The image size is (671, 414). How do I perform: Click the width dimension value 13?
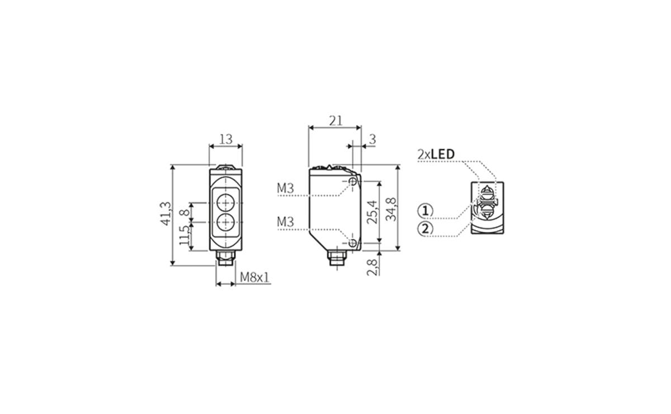225,139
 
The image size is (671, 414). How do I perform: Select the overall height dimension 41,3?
165,214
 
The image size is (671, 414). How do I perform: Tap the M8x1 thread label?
254,277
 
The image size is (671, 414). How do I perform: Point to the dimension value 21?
335,121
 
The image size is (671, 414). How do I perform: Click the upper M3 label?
285,189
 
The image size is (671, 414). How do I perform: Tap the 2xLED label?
436,154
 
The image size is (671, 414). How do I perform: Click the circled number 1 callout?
426,211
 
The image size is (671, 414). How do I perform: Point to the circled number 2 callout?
426,229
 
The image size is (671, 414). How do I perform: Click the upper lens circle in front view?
225,202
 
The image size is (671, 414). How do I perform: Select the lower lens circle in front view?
225,222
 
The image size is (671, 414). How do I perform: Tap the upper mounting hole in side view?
352,182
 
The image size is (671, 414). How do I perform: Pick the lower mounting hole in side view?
352,243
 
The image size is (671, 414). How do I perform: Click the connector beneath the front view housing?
225,258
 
